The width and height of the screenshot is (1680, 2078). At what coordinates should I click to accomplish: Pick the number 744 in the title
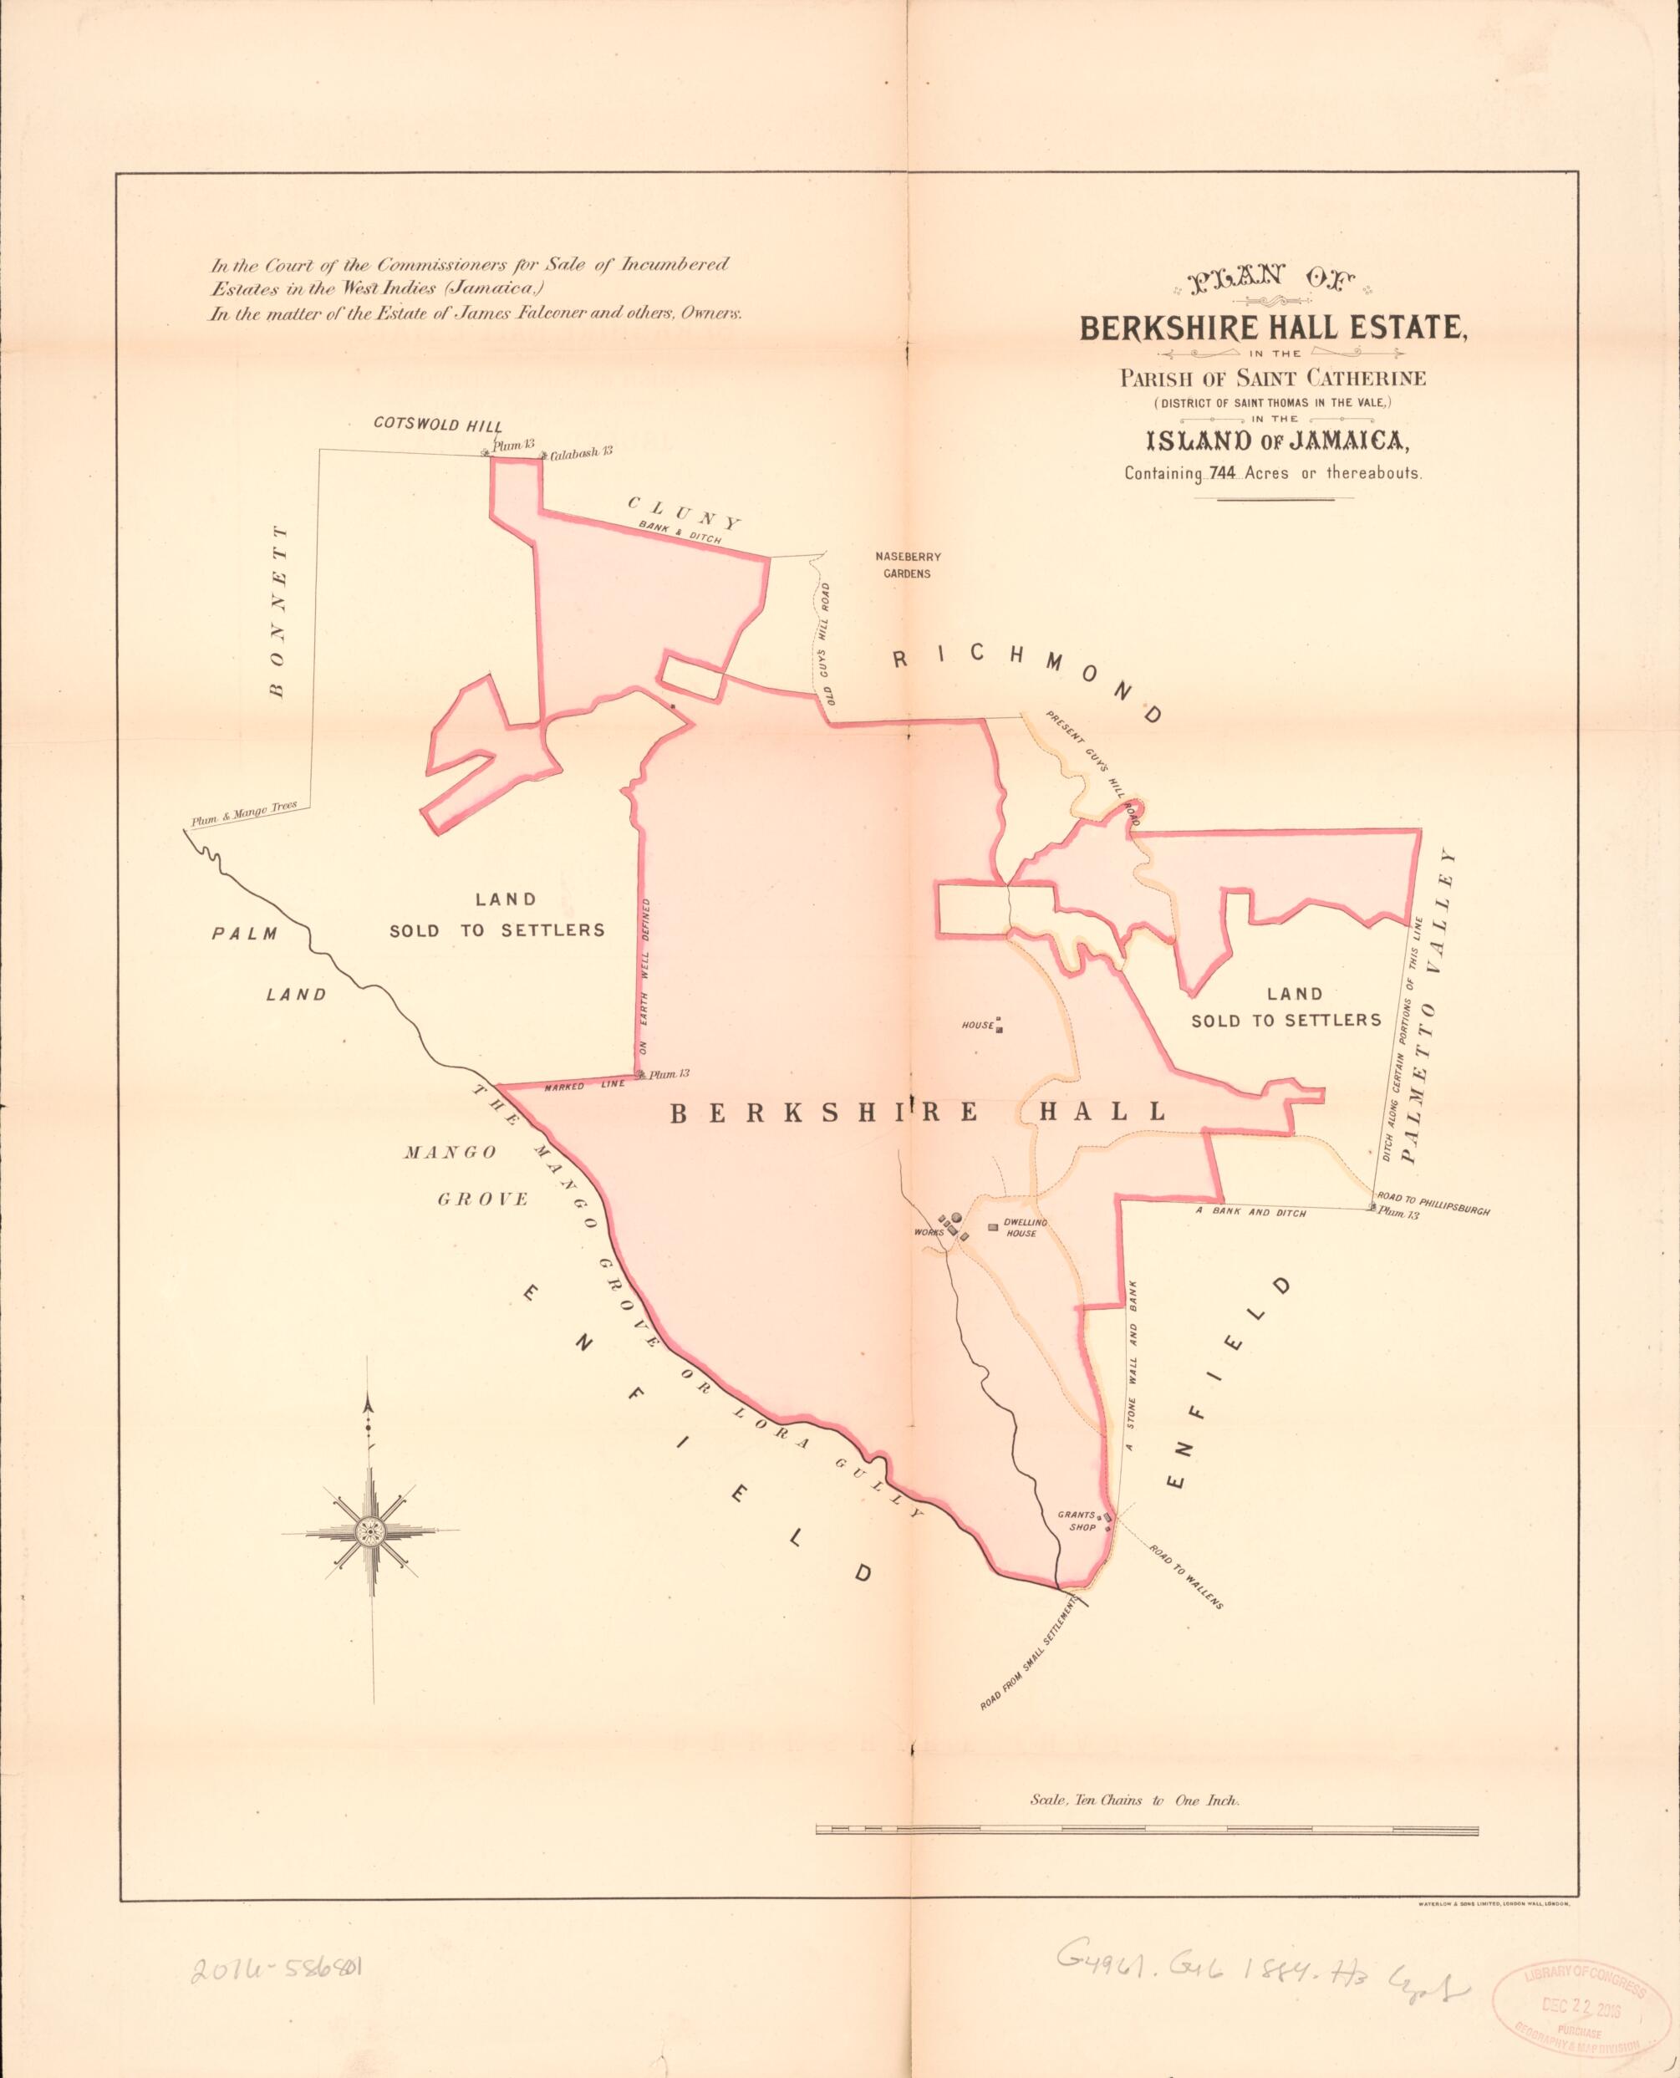(1219, 474)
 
